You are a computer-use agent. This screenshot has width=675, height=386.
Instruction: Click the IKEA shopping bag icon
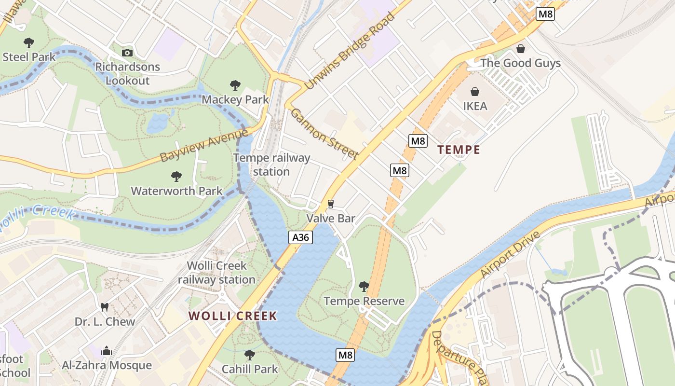coord(475,91)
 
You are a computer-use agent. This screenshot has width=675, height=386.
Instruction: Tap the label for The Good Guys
coord(520,63)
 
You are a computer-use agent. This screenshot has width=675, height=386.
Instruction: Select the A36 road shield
coord(301,237)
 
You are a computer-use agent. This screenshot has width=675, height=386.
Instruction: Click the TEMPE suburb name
coord(459,150)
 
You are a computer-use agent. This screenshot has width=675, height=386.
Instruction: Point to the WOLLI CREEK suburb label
coord(232,316)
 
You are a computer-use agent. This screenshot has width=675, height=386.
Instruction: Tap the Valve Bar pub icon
coord(331,204)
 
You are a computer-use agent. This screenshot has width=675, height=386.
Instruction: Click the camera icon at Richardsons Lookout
coord(127,53)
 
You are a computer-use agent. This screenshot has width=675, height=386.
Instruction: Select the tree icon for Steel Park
coord(29,42)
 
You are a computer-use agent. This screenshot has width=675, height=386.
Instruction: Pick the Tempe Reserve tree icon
coord(364,287)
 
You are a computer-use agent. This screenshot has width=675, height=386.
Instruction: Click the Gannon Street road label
coord(324,134)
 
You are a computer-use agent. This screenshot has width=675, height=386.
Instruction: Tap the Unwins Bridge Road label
coord(350,52)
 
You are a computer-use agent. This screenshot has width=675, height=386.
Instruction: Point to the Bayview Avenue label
coord(203,145)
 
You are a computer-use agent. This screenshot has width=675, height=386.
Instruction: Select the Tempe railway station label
coord(271,165)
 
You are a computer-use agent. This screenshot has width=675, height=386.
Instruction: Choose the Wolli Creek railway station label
coord(216,272)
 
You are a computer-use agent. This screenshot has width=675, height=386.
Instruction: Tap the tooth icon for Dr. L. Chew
coord(104,307)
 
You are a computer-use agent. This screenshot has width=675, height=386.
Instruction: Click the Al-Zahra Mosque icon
coord(107,351)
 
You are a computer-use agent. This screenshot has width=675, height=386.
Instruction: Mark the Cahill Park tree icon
coord(249,355)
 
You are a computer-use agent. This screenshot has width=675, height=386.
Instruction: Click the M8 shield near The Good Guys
coord(545,14)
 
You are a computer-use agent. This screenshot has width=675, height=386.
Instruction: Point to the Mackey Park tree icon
coord(235,85)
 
